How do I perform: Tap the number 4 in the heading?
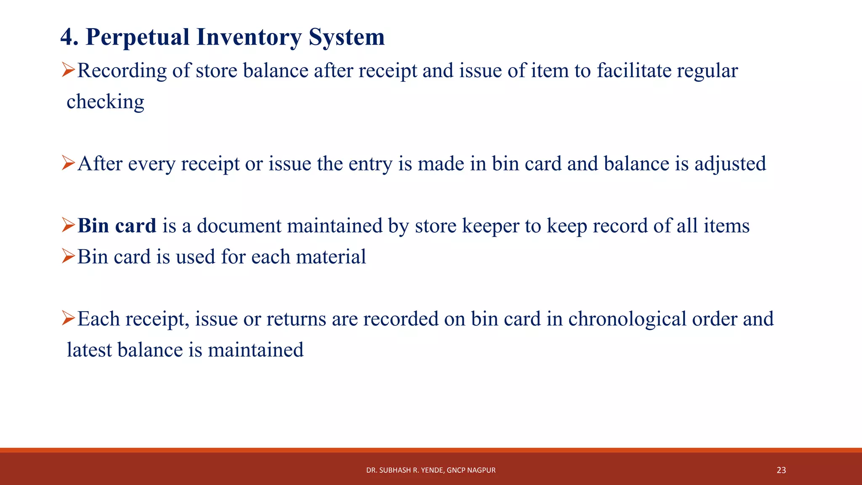67,37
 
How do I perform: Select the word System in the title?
346,37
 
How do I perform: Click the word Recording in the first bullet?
122,71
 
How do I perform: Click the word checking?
105,102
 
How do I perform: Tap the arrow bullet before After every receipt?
68,163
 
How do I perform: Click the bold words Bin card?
117,226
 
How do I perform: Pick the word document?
239,226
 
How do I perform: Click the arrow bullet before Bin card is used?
68,256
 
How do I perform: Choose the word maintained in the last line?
255,350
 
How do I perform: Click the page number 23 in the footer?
781,470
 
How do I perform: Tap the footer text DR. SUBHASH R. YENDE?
404,470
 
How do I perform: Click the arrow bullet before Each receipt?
68,318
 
